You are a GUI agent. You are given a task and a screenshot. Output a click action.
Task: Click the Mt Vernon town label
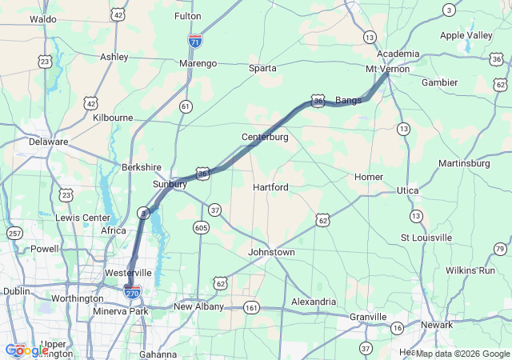387,69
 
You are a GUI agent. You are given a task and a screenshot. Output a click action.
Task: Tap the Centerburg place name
265,138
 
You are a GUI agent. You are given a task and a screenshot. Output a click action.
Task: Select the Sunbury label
170,184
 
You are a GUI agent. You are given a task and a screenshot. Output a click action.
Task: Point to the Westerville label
128,273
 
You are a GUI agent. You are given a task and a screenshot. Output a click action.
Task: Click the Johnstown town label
272,253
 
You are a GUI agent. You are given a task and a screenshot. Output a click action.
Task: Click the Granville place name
368,317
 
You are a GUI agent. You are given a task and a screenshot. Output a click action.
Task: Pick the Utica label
408,190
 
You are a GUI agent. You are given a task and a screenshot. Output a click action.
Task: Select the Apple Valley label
466,36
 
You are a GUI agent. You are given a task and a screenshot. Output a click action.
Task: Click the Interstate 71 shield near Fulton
194,39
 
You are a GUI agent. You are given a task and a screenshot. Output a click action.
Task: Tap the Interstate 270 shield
133,292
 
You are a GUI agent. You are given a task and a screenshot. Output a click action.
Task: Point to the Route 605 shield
200,228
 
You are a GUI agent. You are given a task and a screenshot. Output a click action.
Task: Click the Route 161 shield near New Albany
252,307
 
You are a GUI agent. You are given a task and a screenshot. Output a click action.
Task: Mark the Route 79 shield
500,250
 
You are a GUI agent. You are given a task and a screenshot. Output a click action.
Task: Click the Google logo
26,350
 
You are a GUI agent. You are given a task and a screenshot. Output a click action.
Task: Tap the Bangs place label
348,101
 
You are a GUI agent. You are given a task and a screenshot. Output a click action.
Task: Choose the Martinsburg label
464,164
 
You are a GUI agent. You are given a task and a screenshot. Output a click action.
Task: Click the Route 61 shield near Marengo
186,106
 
